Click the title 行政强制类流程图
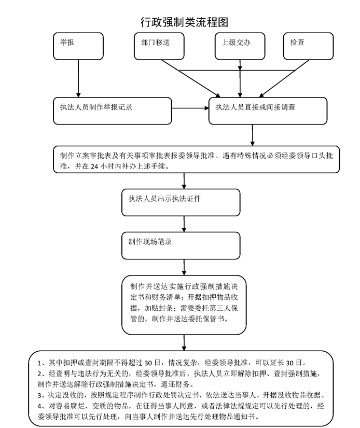(x=184, y=22)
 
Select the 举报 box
(x=78, y=46)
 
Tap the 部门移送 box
(x=159, y=46)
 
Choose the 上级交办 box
(x=240, y=46)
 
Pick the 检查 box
(x=308, y=46)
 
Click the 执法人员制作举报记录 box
(x=113, y=111)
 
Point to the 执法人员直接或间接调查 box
(x=268, y=111)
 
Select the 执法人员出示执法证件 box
(x=181, y=202)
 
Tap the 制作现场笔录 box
(x=181, y=246)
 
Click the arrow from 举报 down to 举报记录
(x=78, y=79)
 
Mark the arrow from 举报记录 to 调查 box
(x=190, y=108)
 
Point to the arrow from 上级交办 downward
(x=240, y=79)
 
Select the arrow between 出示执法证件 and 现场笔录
(x=184, y=224)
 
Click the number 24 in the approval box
(x=94, y=167)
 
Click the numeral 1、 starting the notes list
(x=43, y=363)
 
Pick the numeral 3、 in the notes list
(x=43, y=395)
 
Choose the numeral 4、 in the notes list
(x=43, y=406)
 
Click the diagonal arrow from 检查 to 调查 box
(x=284, y=79)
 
